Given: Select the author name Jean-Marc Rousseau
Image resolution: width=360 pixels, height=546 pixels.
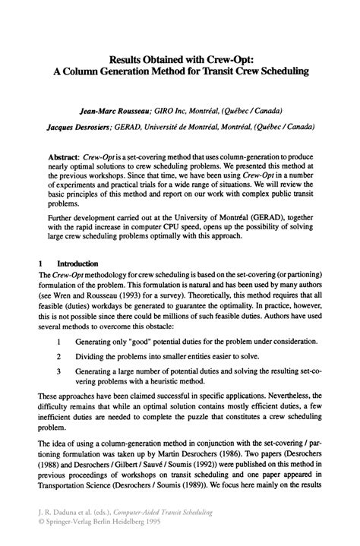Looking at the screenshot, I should point(122,109).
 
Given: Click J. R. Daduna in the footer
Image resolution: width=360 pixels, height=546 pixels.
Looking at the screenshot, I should point(58,513).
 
